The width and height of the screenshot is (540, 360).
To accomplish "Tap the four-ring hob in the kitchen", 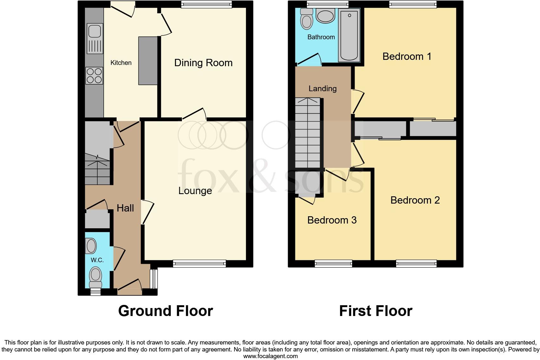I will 94,76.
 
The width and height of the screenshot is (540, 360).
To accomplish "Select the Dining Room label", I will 203,63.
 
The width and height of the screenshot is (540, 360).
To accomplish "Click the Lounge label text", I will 195,191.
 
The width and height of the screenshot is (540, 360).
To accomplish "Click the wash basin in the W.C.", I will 91,246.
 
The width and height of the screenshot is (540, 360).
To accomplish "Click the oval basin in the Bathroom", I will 325,16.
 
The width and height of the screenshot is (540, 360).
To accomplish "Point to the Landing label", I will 322,89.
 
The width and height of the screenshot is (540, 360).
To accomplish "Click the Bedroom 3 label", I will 332,220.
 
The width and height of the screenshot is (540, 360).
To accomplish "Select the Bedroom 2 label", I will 415,200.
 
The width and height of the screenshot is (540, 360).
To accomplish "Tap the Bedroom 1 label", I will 407,56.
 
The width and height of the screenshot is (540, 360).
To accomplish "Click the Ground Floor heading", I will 165,311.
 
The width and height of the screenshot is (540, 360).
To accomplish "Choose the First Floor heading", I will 376,311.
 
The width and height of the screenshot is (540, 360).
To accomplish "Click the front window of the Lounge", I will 199,263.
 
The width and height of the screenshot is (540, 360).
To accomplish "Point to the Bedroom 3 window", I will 333,263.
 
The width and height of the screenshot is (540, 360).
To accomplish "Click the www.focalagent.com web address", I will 270,356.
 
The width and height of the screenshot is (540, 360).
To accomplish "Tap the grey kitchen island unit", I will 148,61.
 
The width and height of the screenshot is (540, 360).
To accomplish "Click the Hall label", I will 125,208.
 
